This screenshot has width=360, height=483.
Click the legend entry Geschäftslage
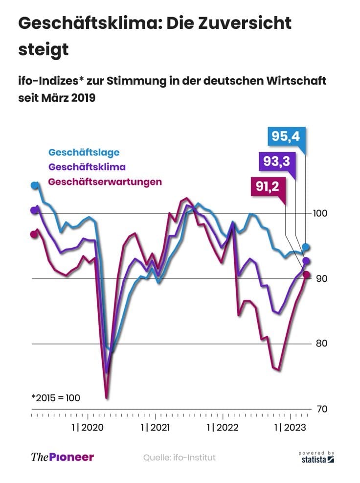coord(84,152)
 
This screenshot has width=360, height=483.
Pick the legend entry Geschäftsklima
coord(87,167)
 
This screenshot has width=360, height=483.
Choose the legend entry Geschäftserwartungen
coord(105,182)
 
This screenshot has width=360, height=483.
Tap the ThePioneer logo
coord(62,458)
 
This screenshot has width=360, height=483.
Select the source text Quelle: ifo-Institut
coord(179,458)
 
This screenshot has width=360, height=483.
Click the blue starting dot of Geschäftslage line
coord(34,185)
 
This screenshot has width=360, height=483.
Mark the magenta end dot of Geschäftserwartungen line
coord(306,275)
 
